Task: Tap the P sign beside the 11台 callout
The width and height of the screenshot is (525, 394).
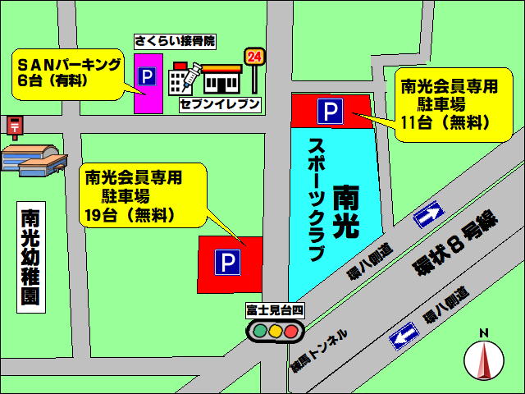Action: [x=330, y=112]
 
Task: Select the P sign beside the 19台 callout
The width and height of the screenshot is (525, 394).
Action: [x=227, y=263]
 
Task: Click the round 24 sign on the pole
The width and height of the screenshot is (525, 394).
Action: [x=254, y=57]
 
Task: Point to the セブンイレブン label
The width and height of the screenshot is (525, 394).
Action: [x=220, y=104]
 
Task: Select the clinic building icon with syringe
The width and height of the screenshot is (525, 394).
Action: [x=183, y=80]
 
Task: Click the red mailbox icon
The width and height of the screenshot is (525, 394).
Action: [x=13, y=126]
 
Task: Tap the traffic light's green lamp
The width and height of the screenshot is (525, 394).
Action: [x=259, y=332]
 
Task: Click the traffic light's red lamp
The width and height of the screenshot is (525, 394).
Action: [x=290, y=332]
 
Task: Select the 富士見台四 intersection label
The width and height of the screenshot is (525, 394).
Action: [x=275, y=310]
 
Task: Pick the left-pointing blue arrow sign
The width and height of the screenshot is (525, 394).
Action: [x=404, y=335]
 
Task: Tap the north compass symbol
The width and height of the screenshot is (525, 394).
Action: [x=484, y=357]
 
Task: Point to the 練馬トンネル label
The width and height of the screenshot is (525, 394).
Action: [x=319, y=349]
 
